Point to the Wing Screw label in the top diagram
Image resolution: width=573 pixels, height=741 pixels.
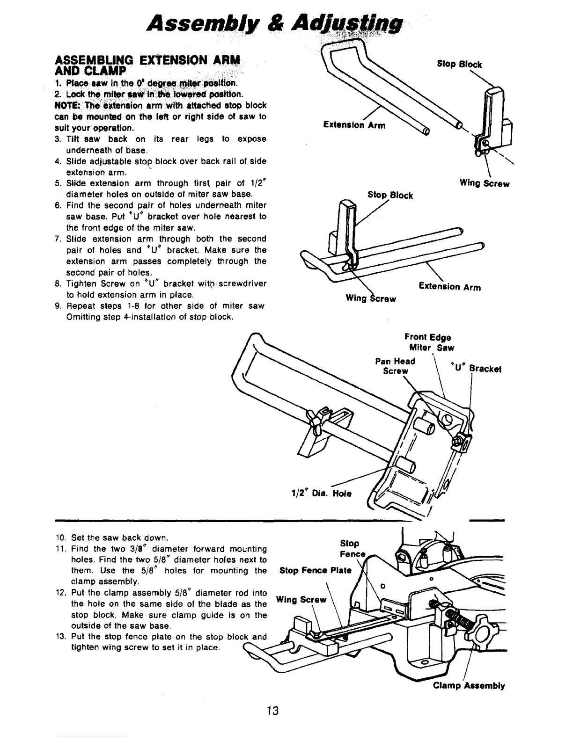pyautogui.click(x=485, y=184)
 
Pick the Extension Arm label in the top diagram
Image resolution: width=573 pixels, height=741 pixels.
pyautogui.click(x=354, y=125)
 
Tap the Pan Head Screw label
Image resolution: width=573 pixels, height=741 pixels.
pyautogui.click(x=396, y=366)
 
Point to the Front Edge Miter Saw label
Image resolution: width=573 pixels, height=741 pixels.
pyautogui.click(x=427, y=342)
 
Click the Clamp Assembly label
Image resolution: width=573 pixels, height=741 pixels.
pyautogui.click(x=469, y=686)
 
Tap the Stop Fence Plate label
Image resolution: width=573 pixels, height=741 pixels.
pyautogui.click(x=315, y=570)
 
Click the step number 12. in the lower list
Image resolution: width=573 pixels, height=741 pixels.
pyautogui.click(x=59, y=593)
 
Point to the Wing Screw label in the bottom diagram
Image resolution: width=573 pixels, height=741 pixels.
pyautogui.click(x=301, y=599)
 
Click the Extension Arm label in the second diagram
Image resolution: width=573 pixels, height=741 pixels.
pyautogui.click(x=449, y=287)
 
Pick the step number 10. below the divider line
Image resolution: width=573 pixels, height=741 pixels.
pyautogui.click(x=59, y=538)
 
